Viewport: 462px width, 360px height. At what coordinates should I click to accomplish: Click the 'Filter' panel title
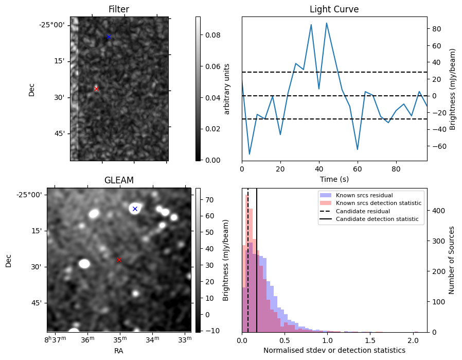click(x=119, y=9)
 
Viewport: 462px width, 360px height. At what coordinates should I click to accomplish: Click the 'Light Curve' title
click(x=334, y=9)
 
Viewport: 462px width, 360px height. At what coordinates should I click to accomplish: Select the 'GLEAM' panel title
click(x=119, y=180)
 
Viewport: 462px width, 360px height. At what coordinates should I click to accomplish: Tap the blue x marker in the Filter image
click(x=109, y=37)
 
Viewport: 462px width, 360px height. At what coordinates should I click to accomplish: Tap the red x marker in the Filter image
click(x=96, y=89)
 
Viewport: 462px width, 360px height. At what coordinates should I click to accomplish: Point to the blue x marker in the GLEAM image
click(x=135, y=209)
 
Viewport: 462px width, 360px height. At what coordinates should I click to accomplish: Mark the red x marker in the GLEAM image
click(x=119, y=260)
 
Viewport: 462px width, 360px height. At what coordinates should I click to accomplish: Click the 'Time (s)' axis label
click(x=334, y=179)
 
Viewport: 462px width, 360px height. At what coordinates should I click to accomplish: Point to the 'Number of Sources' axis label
click(x=451, y=260)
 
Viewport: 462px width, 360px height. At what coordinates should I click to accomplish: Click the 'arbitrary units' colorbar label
click(x=227, y=89)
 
